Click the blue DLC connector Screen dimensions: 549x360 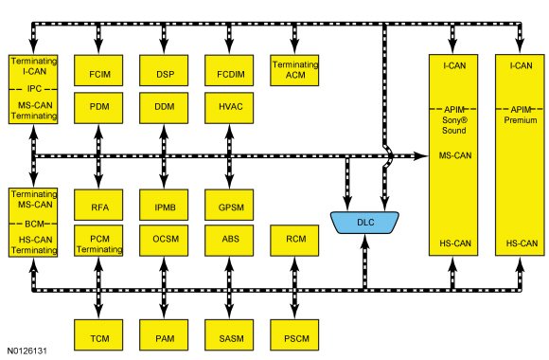364,223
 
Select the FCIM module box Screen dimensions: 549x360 98,70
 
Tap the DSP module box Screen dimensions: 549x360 164,70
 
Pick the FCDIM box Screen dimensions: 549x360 229,70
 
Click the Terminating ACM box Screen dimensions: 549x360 294,70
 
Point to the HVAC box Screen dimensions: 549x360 229,108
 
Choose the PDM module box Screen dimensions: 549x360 98,108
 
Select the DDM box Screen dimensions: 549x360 164,108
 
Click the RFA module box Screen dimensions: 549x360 98,205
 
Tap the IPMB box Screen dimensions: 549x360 164,205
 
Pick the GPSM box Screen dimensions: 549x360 229,205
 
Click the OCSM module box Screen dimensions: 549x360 164,241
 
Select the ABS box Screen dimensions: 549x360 229,241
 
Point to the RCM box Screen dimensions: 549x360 294,241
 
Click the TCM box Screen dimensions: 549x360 98,334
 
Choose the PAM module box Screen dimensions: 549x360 164,334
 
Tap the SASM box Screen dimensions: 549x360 229,334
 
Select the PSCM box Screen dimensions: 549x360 294,334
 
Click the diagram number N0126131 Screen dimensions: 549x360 27,351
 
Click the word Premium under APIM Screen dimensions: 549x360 521,120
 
